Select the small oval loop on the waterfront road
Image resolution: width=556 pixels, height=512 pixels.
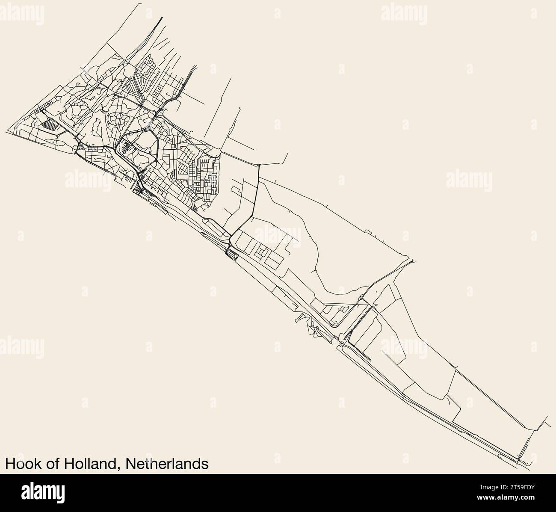pos(231,255)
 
